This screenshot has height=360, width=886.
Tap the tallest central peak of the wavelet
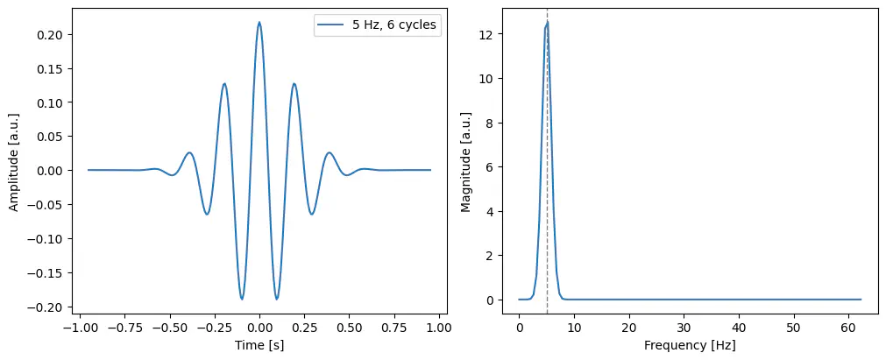259,23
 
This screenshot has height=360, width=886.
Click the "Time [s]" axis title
259,345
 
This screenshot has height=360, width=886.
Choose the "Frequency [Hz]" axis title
689,345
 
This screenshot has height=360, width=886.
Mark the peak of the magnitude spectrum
547,22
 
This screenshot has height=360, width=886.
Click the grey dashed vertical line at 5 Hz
547,175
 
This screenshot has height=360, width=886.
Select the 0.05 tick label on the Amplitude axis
53,137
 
